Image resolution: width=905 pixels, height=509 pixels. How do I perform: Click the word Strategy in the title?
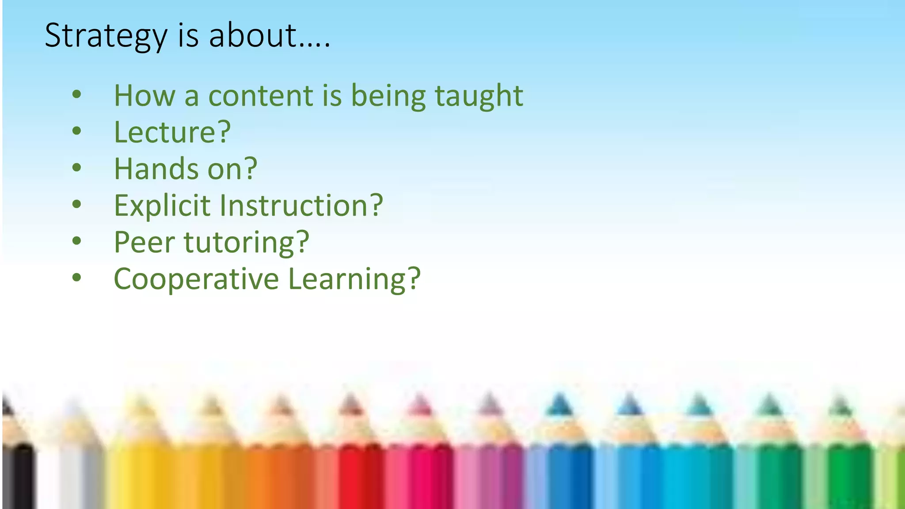coord(106,36)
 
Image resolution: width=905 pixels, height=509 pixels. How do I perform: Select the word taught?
coord(479,96)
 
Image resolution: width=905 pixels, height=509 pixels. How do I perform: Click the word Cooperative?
coord(196,279)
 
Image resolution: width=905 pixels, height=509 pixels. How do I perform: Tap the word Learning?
coord(347,280)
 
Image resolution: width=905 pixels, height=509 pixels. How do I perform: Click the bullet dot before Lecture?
coord(77,131)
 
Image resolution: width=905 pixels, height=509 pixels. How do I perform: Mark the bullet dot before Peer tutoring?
coord(77,241)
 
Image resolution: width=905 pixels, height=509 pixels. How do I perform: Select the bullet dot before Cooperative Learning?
coord(77,277)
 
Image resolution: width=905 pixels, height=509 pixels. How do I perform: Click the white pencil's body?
coord(71,477)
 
